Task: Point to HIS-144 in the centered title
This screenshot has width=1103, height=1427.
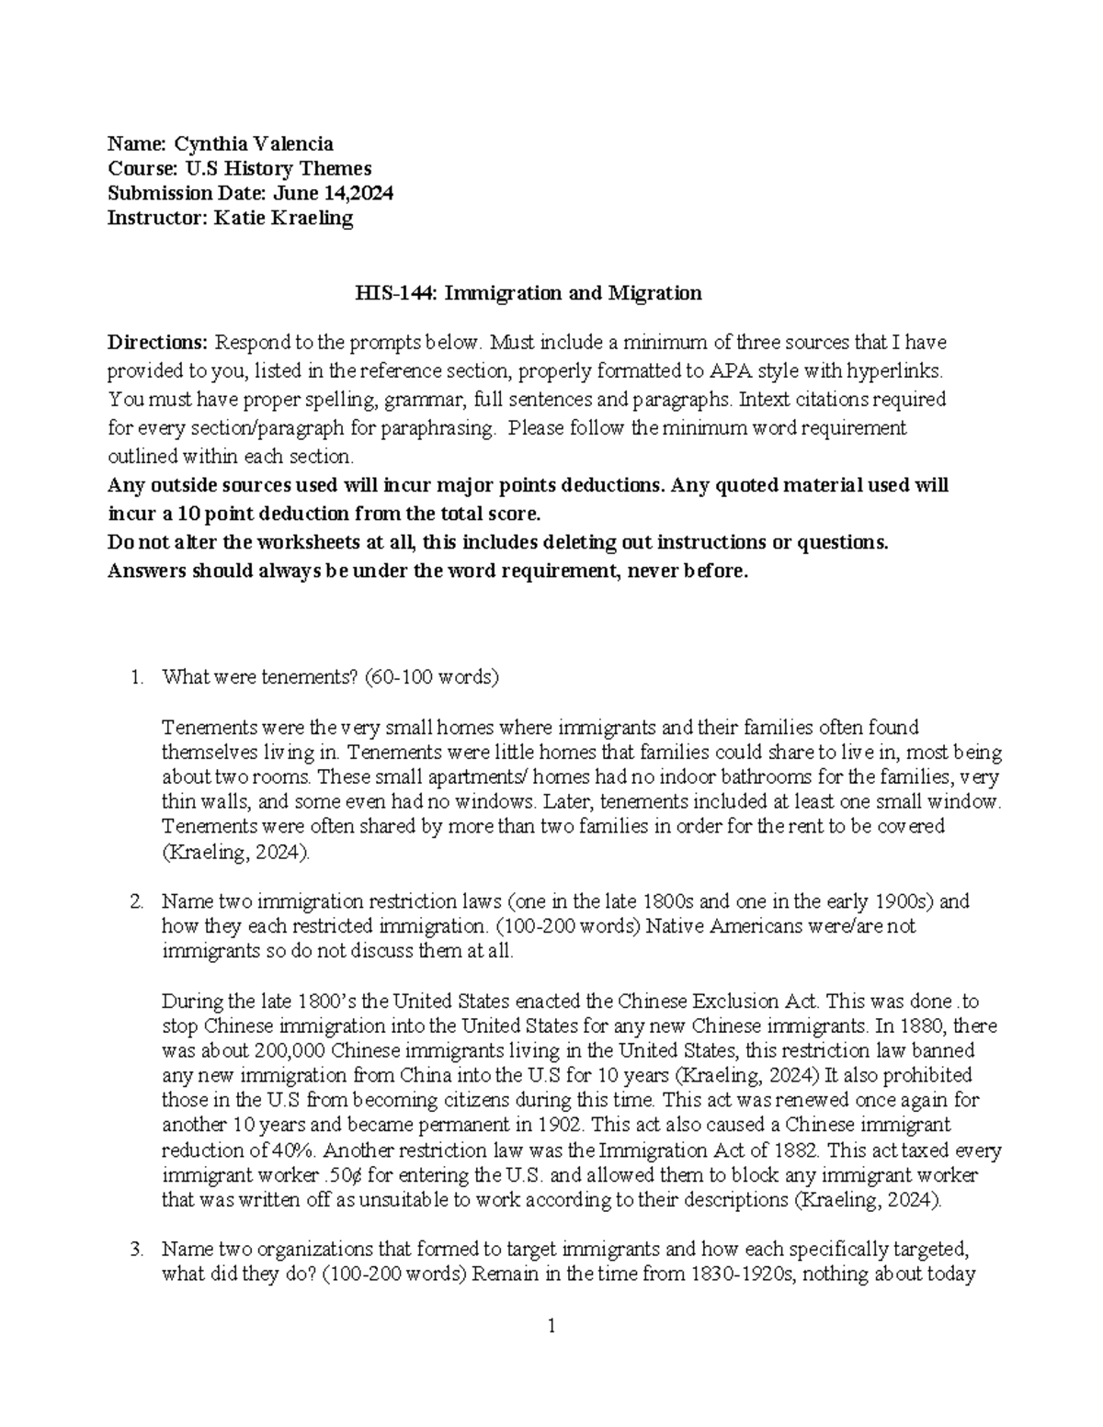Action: pos(388,293)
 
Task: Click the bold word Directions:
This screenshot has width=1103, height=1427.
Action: pos(158,343)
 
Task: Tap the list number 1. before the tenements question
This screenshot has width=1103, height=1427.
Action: pos(137,678)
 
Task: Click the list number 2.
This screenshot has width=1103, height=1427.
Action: pos(137,901)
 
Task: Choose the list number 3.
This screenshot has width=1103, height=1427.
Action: pos(137,1250)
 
